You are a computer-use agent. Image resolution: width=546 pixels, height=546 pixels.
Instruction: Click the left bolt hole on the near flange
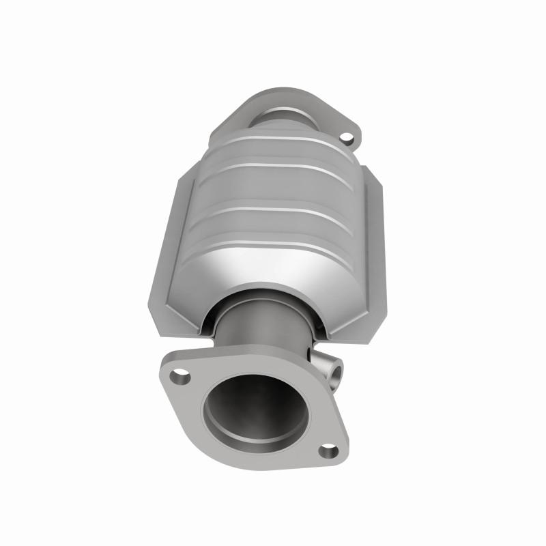click(x=180, y=375)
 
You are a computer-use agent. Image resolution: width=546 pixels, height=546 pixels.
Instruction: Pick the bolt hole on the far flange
click(x=349, y=139)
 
